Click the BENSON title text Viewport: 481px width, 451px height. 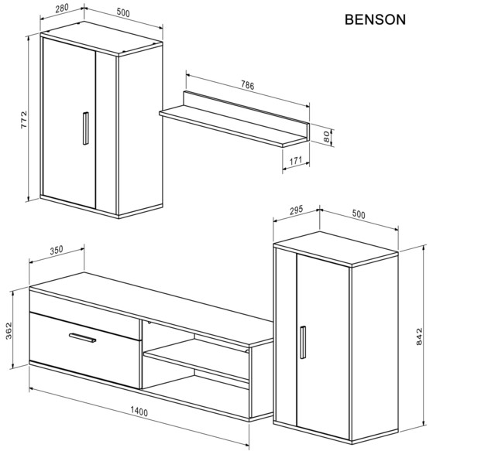pos(375,19)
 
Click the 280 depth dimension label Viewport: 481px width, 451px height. pos(62,9)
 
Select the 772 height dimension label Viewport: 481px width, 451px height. pos(23,119)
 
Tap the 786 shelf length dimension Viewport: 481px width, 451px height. pos(248,85)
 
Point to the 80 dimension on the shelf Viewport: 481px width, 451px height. pos(327,136)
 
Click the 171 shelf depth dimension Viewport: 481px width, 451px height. pos(296,161)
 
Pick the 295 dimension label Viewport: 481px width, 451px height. pos(296,210)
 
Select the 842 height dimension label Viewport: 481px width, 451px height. pos(419,337)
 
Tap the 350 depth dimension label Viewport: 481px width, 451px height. pos(57,250)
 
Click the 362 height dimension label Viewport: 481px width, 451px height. pos(9,330)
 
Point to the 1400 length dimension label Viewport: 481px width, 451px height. pos(139,412)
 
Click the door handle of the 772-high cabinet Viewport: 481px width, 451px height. pos(85,128)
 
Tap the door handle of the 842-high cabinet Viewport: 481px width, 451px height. pos(303,342)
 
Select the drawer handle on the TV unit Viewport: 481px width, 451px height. pos(83,337)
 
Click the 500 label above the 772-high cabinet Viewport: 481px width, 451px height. pos(123,12)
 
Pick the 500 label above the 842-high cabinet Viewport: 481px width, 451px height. pos(359,214)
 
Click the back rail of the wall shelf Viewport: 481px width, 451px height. pos(246,108)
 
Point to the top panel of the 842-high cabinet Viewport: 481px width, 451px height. pos(335,248)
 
